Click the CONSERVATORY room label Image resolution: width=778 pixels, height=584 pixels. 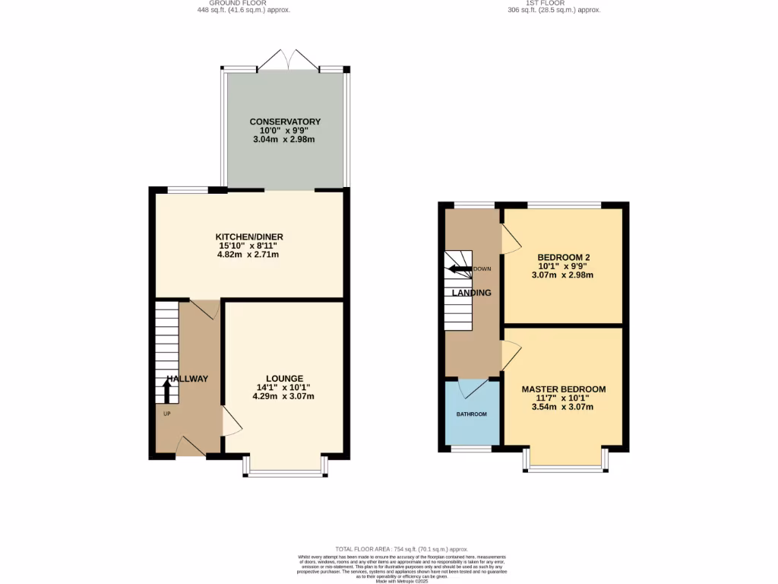tap(285, 122)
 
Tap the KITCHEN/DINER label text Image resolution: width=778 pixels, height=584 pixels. tap(250, 236)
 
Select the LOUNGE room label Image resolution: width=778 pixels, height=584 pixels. tap(284, 378)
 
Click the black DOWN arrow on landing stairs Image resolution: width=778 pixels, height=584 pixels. tap(459, 268)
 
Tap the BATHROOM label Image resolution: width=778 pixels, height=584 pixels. tap(471, 414)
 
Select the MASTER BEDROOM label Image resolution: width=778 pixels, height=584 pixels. tap(563, 389)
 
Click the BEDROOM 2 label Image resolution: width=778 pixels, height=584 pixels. tap(563, 257)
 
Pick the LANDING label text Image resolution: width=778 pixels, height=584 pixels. tap(471, 293)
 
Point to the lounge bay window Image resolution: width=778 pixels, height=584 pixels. tap(286, 473)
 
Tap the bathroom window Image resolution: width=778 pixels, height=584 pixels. tap(471, 449)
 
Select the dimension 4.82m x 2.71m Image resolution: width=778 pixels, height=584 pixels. tap(248, 254)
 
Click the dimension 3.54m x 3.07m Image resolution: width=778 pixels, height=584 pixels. tap(563, 407)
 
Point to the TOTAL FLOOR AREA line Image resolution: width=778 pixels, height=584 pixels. tap(402, 548)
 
